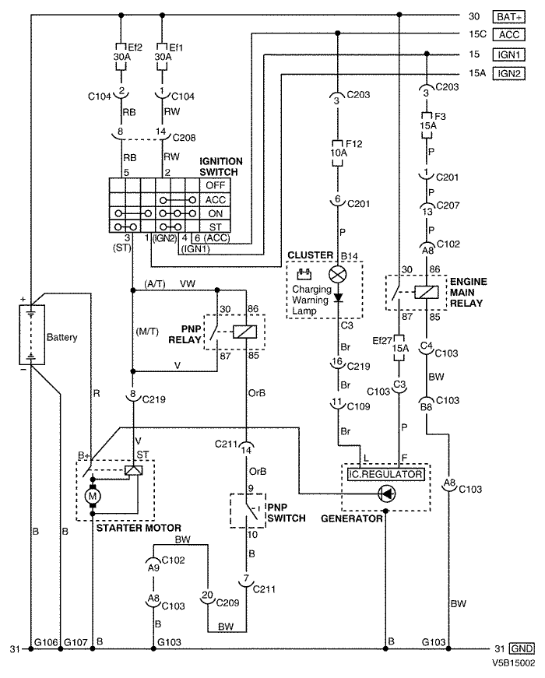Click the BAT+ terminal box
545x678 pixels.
pos(508,17)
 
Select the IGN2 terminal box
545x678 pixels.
pos(508,73)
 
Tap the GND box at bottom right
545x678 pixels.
pos(522,648)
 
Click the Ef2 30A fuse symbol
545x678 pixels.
pos(121,56)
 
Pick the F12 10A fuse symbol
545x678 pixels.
pos(337,153)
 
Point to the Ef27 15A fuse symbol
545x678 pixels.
pos(399,348)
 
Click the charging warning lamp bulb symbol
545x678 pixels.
pos(338,274)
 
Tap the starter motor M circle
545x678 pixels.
pos(92,497)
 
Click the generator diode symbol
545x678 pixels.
pos(386,494)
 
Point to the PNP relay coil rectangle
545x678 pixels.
pos(244,332)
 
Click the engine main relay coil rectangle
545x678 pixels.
pos(426,293)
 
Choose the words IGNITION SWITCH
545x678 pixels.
pos(221,167)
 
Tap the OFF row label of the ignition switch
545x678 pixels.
pos(215,185)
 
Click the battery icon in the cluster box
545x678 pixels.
pos(304,274)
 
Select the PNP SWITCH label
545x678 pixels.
pos(287,512)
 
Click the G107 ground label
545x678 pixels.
pos(76,642)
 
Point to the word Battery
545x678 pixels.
pos(62,337)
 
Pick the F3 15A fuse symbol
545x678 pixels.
pos(427,125)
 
